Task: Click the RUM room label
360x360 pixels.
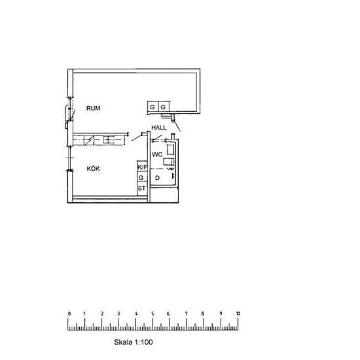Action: pos(93,108)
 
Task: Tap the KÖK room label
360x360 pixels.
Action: pos(93,168)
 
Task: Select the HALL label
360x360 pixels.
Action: pos(159,128)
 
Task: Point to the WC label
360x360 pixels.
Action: pos(157,154)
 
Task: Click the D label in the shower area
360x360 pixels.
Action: pos(157,177)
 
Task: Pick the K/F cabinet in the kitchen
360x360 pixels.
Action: pos(142,167)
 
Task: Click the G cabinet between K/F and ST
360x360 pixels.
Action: pos(142,177)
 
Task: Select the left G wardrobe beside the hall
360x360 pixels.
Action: pos(153,107)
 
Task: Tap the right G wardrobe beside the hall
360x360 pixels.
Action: pos(164,107)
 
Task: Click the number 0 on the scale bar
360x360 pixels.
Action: pos(69,314)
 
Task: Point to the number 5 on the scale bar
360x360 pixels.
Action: pos(153,314)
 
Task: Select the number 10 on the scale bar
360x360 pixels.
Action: pos(238,314)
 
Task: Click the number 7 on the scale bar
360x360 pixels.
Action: pos(186,314)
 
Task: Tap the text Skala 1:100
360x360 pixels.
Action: pos(134,342)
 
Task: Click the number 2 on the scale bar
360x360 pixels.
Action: pos(102,314)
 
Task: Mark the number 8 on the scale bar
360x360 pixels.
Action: pos(202,314)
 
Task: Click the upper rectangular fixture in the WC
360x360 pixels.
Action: pos(171,149)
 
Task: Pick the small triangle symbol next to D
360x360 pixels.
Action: pos(173,176)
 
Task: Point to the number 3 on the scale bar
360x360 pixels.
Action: pos(118,314)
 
